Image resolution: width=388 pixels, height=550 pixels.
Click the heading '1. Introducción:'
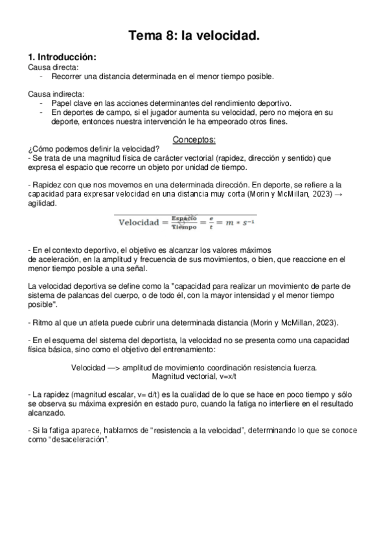(x=62, y=57)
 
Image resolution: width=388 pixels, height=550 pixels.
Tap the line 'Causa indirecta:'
(x=56, y=94)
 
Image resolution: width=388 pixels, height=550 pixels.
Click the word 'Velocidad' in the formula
(x=139, y=222)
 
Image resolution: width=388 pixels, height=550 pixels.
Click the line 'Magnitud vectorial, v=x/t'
(x=194, y=376)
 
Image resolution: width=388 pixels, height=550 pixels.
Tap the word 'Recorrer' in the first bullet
(x=67, y=76)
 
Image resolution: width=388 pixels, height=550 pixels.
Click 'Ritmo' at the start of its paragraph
(x=43, y=323)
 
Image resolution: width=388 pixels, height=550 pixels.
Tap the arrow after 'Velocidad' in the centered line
(x=111, y=367)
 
